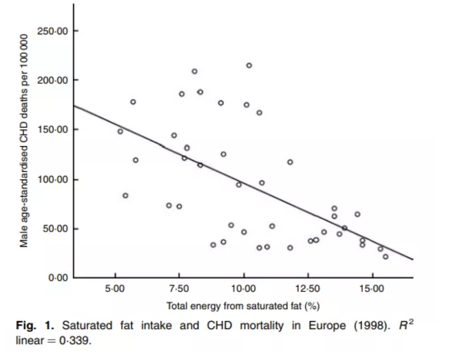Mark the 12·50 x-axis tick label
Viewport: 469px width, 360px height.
coord(308,289)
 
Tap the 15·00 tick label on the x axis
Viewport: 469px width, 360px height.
coord(372,289)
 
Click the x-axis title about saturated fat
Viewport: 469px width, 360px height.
coord(243,306)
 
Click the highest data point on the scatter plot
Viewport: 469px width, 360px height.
coord(249,66)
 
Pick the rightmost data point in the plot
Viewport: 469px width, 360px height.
coord(385,257)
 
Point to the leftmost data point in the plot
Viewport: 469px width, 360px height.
coord(120,131)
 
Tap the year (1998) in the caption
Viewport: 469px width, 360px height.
coord(370,326)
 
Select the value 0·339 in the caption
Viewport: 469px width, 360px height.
coord(80,341)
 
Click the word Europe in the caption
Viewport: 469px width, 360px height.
coord(328,326)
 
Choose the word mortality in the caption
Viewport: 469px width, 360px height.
coord(261,326)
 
